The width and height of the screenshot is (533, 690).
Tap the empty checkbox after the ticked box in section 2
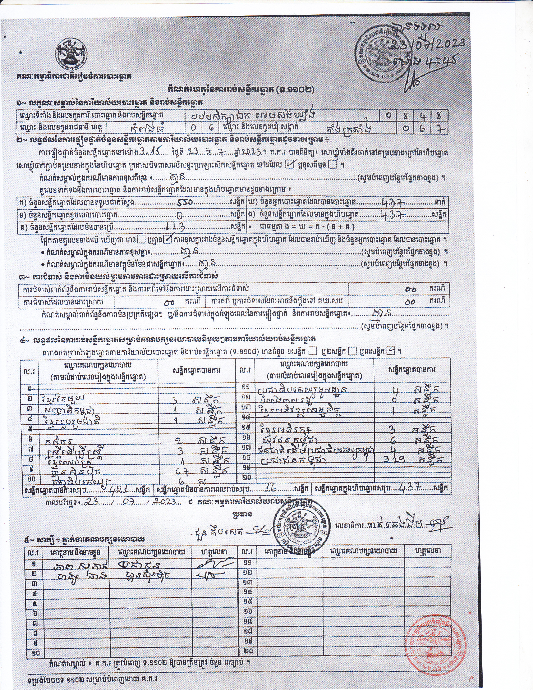[x=332, y=165]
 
